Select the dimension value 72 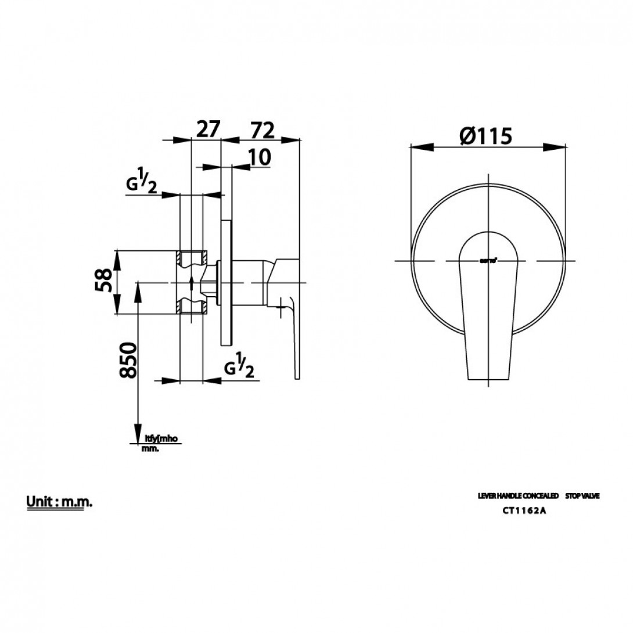[262, 130]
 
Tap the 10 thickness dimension [259, 158]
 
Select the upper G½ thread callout [142, 185]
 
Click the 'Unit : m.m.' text [59, 502]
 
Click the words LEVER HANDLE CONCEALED [517, 497]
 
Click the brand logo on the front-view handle [487, 261]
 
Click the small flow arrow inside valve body [191, 283]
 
